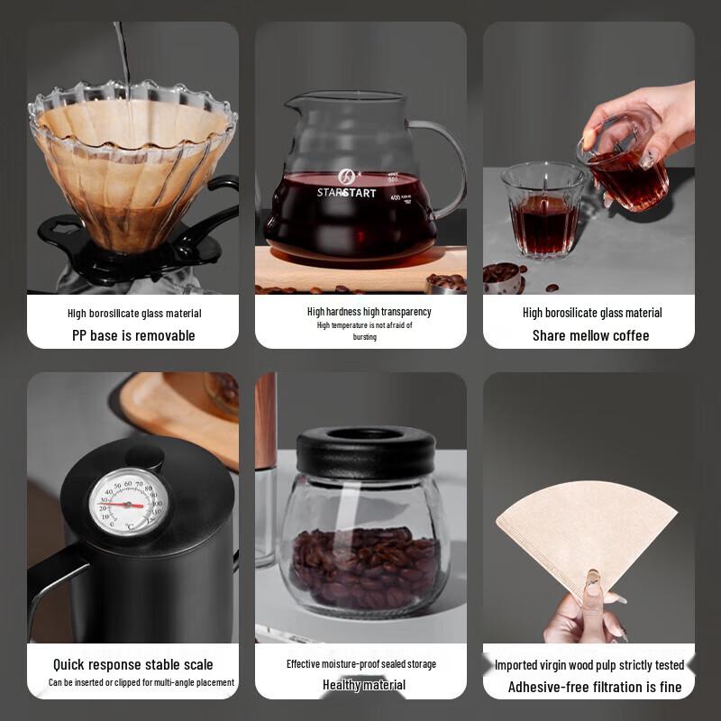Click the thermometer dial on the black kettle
tap(128, 502)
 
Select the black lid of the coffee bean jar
tap(367, 452)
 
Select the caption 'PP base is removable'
tap(133, 335)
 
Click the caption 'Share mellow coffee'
tap(590, 335)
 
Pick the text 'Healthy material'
tap(364, 685)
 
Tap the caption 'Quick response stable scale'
tap(133, 665)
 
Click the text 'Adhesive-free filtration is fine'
tap(595, 687)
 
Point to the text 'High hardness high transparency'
tap(369, 312)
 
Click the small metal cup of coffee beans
tap(505, 279)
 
